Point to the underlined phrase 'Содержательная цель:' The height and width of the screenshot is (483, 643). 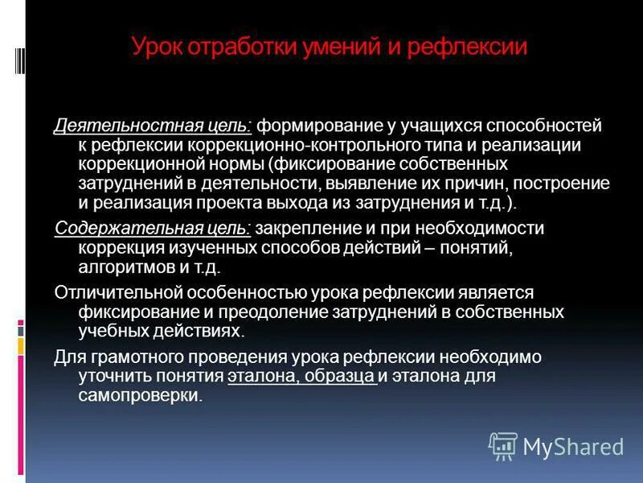coord(153,228)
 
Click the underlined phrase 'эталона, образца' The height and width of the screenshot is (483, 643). coord(302,375)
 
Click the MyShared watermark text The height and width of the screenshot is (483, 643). coord(573,446)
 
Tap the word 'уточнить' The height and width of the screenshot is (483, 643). coord(112,375)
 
